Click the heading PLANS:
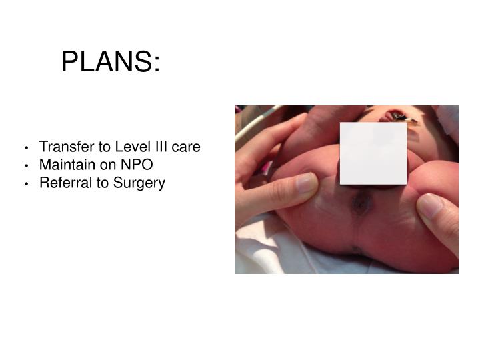click(111, 63)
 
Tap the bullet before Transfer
click(25, 147)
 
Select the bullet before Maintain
click(25, 165)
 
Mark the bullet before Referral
click(25, 183)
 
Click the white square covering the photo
click(373, 153)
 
